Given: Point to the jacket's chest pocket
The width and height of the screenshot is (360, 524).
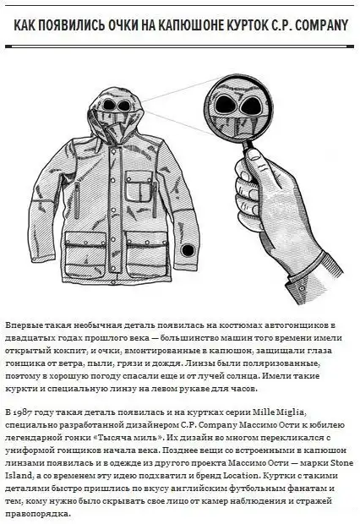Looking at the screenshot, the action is coord(139,187).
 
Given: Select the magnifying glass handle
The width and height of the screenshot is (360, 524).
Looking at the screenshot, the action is coord(250,147).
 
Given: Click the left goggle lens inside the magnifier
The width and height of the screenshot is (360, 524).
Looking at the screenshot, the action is coord(226,104).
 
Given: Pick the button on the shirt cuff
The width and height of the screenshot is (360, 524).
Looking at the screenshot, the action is coord(302,288).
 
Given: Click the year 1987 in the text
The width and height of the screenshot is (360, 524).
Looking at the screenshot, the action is coord(21,412).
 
